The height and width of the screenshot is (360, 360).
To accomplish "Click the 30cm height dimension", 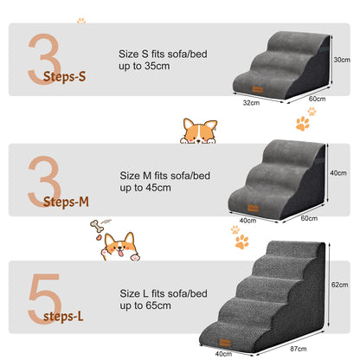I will coord(342,60).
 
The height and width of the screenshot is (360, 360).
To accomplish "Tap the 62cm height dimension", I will coord(339,285).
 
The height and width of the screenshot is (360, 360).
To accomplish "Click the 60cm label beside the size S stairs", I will coord(317,99).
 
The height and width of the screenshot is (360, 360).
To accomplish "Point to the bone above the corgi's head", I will coord(97,228).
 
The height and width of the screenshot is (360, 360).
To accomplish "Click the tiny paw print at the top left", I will coord(81,19).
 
